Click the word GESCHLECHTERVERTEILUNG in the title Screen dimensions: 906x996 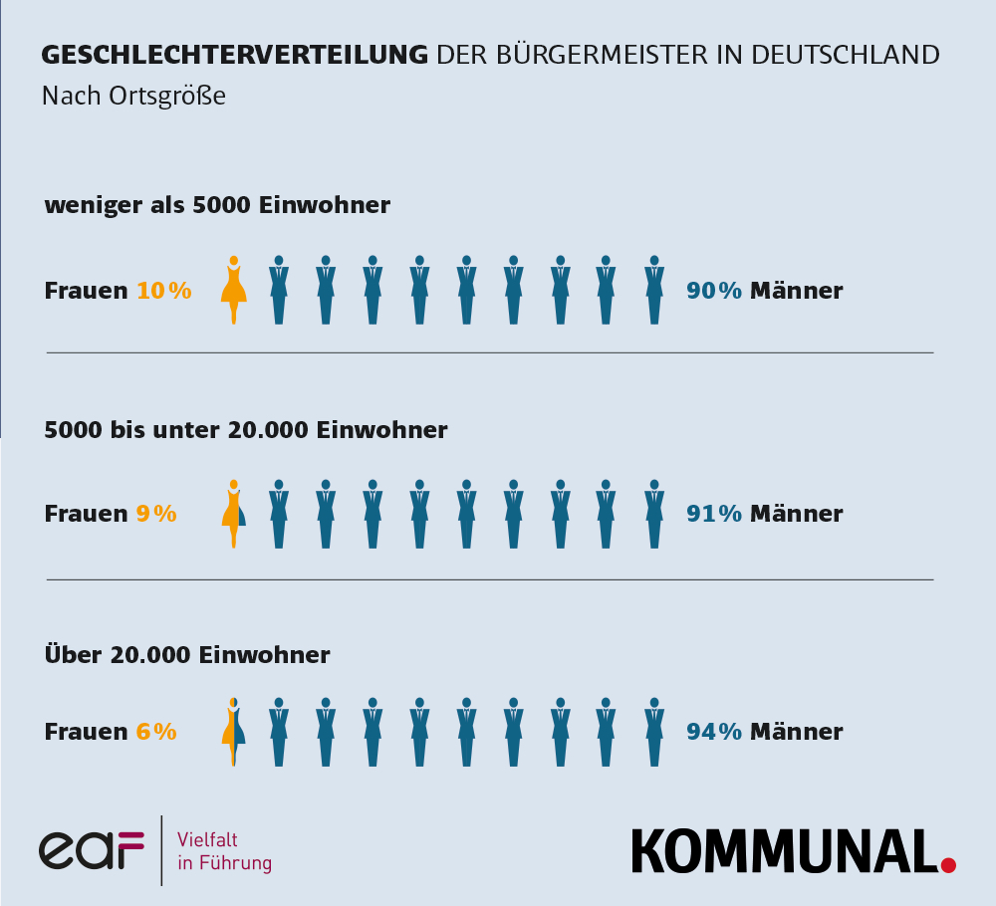[234, 55]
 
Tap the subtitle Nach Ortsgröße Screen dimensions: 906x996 [133, 97]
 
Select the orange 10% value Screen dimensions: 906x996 [163, 291]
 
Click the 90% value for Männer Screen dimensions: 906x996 [714, 291]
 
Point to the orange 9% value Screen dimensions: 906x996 [156, 514]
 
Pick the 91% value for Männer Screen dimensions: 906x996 [714, 514]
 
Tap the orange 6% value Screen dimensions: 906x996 [156, 732]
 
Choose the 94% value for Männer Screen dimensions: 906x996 [714, 732]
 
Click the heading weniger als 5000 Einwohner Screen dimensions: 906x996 [217, 205]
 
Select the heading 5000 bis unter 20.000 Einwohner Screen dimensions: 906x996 [246, 430]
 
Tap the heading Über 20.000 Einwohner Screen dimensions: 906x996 [187, 655]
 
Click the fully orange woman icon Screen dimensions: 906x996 [234, 290]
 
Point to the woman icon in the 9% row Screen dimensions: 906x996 [234, 513]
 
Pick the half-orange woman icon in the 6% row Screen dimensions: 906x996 [234, 731]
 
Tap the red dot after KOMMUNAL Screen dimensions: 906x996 [947, 864]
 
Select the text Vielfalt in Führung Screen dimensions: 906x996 [223, 851]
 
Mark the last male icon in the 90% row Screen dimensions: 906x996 [654, 290]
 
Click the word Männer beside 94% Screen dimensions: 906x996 [796, 732]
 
